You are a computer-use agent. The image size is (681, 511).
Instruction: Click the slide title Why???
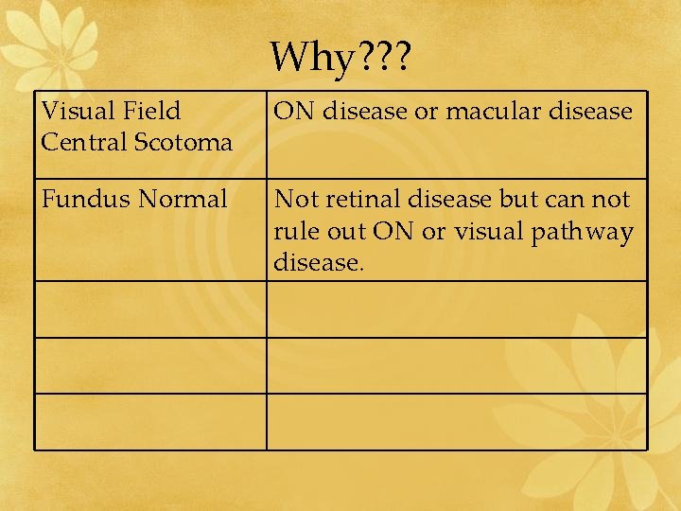click(340, 59)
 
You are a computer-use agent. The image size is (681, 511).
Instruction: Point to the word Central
click(81, 142)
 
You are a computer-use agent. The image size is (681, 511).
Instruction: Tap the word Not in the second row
click(293, 200)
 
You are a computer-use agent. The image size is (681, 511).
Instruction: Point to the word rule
click(294, 231)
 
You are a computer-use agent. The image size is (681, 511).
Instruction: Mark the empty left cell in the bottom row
click(150, 421)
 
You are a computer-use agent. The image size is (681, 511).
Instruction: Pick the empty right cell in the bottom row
click(457, 421)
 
